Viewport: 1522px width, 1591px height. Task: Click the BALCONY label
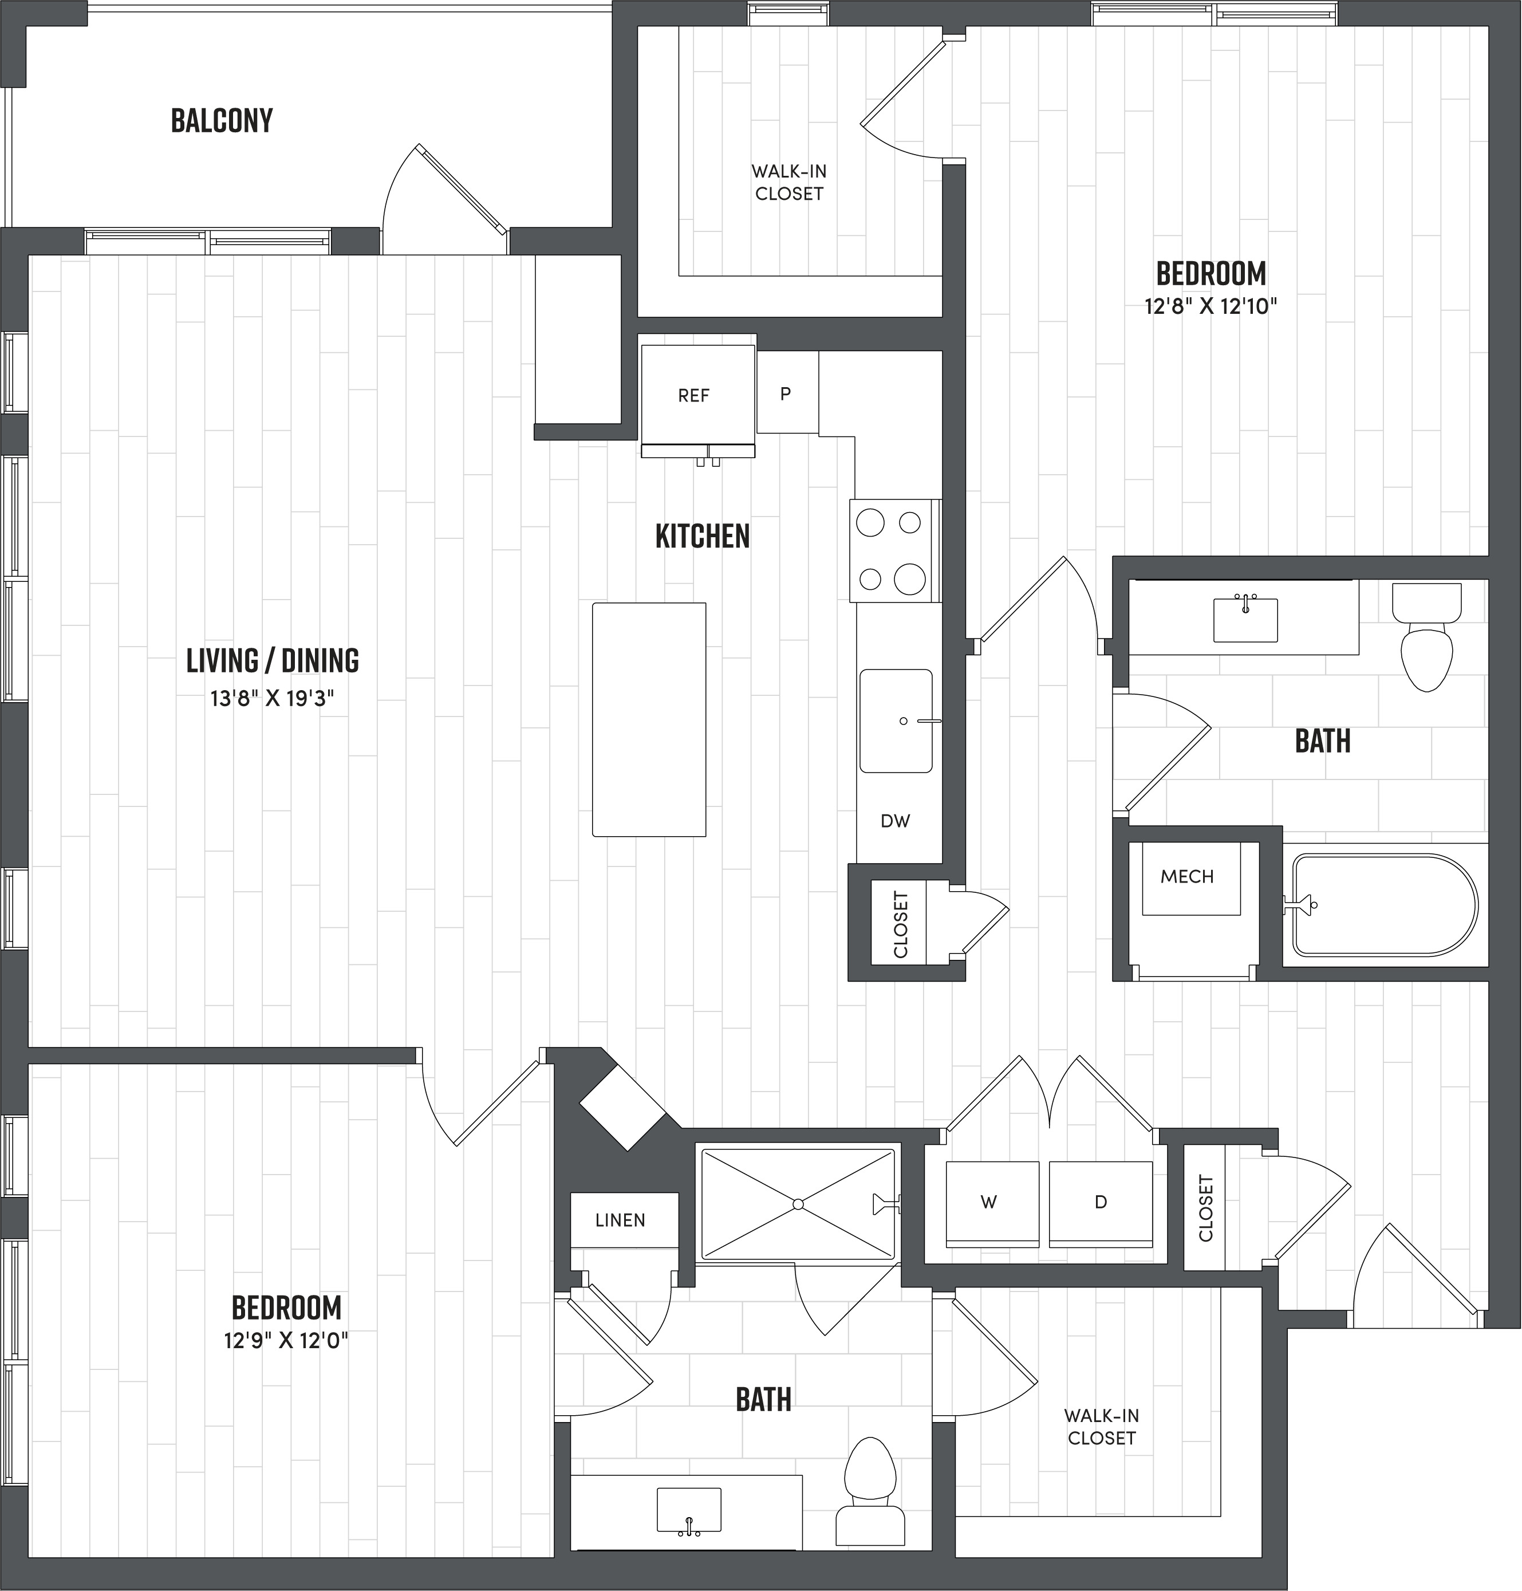[222, 121]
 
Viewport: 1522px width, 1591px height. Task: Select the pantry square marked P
[786, 393]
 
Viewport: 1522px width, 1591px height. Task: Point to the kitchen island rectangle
[649, 719]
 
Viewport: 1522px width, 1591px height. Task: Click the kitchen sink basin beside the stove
[895, 720]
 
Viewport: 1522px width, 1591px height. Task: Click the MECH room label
[1187, 876]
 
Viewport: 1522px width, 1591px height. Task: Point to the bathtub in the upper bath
[1384, 904]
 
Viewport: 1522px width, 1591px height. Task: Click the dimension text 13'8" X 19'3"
[273, 699]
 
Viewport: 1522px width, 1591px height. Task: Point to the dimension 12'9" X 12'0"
[286, 1340]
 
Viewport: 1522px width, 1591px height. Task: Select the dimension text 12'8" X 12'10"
[1211, 306]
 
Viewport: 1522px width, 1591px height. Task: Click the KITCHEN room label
[703, 536]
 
